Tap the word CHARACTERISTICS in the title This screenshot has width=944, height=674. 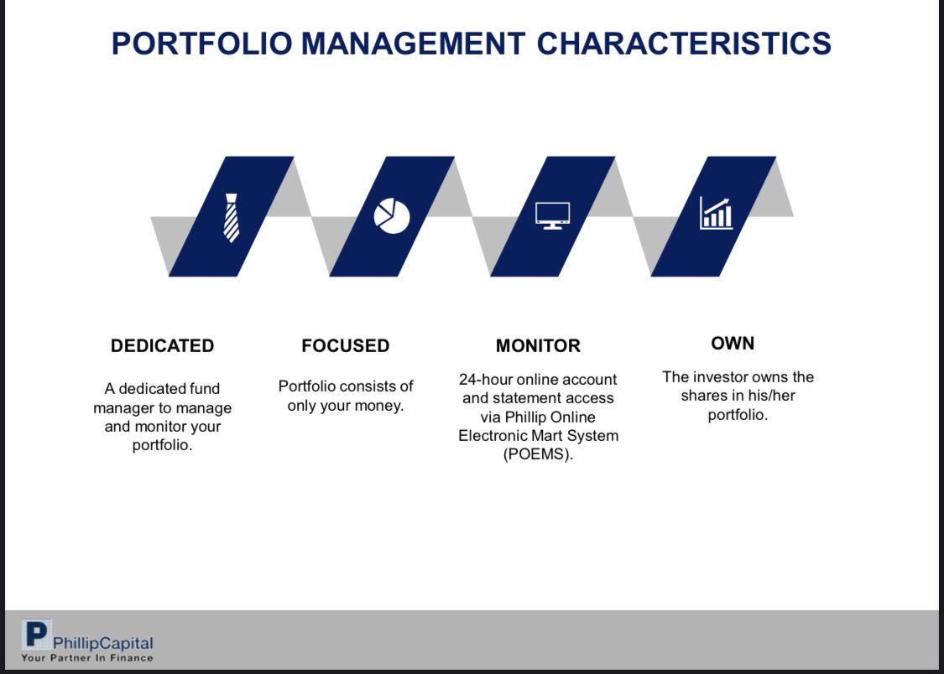coord(684,43)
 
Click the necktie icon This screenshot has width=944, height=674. coord(232,217)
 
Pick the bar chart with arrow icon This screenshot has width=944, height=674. coord(716,214)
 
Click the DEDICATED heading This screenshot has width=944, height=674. coord(162,346)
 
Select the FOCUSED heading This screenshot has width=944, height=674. coord(345,346)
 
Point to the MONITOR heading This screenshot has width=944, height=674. coord(538,346)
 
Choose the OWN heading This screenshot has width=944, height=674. coord(733,344)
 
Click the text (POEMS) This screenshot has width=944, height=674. coord(538,454)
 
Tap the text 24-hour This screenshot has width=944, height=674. coord(488,380)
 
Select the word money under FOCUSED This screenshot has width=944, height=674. coord(378,406)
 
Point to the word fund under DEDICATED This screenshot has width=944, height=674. coord(201,389)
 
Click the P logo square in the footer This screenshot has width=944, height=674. coord(37,635)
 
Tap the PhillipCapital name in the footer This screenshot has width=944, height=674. coord(102,644)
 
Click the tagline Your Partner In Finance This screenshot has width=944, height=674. coord(87,658)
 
